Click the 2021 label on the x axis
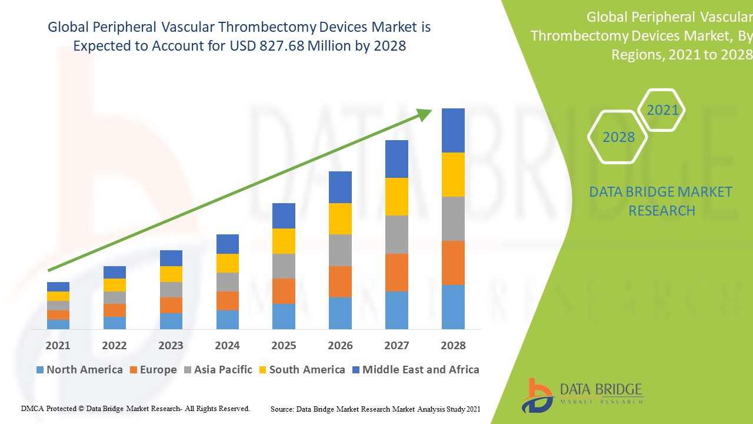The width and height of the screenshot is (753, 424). [x=58, y=346]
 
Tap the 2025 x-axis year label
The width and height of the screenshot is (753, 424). [x=284, y=346]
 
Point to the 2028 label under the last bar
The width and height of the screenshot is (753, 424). [x=453, y=346]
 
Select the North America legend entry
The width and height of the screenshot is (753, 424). [x=79, y=370]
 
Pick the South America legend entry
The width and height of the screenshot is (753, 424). [x=302, y=370]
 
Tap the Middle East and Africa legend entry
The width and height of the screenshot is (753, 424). [x=415, y=370]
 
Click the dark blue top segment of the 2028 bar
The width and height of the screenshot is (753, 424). [x=453, y=130]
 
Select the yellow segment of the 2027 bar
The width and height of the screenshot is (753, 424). [x=397, y=197]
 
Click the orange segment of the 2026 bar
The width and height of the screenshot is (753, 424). [x=340, y=281]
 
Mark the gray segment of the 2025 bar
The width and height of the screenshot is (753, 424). [x=284, y=266]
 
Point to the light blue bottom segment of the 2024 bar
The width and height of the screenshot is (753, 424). [x=228, y=319]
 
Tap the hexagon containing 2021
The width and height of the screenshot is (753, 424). [x=662, y=110]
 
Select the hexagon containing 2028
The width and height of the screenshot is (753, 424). [x=618, y=137]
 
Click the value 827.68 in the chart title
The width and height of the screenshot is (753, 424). [x=282, y=46]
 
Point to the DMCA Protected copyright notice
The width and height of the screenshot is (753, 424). [x=135, y=408]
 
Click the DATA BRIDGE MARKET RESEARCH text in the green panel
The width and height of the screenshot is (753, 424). [x=661, y=201]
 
